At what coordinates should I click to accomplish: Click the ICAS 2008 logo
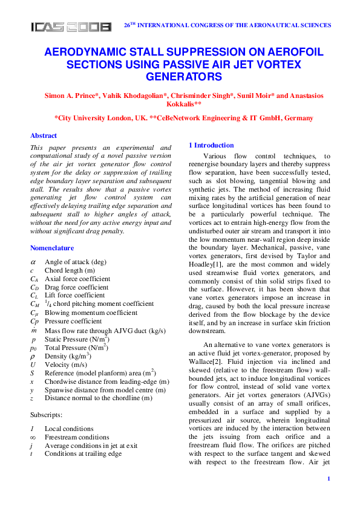click(x=71, y=27)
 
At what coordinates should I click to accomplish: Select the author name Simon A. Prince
click(x=71, y=97)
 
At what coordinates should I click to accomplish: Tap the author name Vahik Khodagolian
click(x=133, y=97)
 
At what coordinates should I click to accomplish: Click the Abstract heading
click(x=44, y=135)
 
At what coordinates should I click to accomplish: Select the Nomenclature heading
click(x=52, y=248)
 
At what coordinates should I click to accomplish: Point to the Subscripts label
click(x=47, y=415)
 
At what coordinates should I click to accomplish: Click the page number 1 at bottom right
click(x=328, y=479)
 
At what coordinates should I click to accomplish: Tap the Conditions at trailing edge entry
click(x=83, y=453)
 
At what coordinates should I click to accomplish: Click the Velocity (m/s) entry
click(x=65, y=365)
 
